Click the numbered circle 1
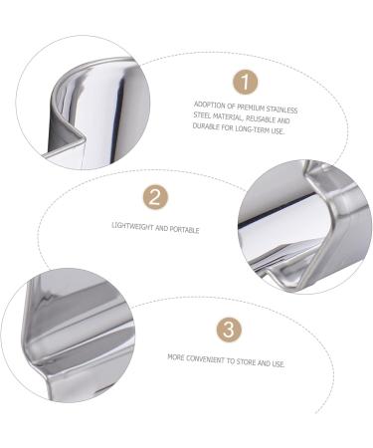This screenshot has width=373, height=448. click(x=245, y=82)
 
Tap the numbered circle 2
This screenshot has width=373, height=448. click(x=154, y=196)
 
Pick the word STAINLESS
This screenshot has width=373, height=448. click(x=280, y=109)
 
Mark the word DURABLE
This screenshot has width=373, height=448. click(x=207, y=130)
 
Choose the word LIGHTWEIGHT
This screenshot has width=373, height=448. click(x=132, y=228)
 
